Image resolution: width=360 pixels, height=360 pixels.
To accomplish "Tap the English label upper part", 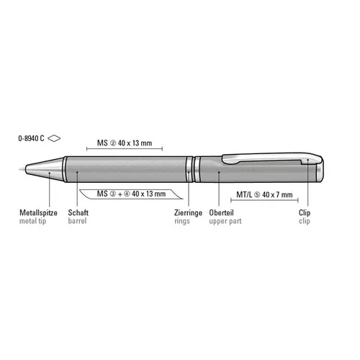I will (x=225, y=222).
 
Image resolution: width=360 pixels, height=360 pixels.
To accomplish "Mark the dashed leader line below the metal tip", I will (x=48, y=191).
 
